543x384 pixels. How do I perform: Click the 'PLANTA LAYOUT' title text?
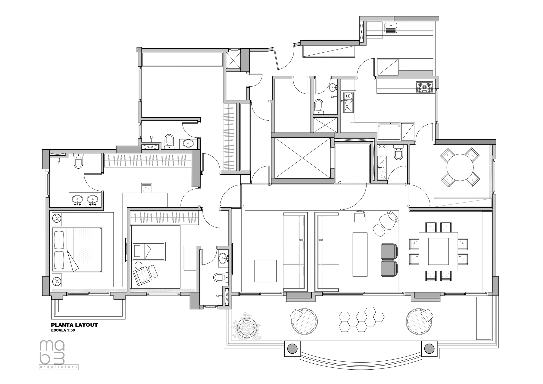(74, 325)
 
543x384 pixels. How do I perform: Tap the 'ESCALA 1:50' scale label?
(63, 331)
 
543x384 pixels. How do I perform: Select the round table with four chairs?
(460, 167)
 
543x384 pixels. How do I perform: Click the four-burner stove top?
(425, 87)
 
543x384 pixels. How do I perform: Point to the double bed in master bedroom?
(77, 250)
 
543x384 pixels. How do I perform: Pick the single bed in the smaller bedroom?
(149, 251)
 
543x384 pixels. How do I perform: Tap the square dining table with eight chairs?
(438, 251)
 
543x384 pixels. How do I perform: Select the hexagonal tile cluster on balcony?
(361, 319)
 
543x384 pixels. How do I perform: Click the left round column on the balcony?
(292, 348)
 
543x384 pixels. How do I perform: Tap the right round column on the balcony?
(429, 348)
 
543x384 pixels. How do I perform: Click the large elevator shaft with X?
(302, 158)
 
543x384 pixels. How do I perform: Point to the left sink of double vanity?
(78, 200)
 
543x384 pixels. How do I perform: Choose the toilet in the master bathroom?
(78, 161)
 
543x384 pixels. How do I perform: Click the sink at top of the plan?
(391, 28)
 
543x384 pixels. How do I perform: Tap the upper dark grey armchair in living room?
(389, 251)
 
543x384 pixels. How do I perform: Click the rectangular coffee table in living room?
(360, 254)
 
